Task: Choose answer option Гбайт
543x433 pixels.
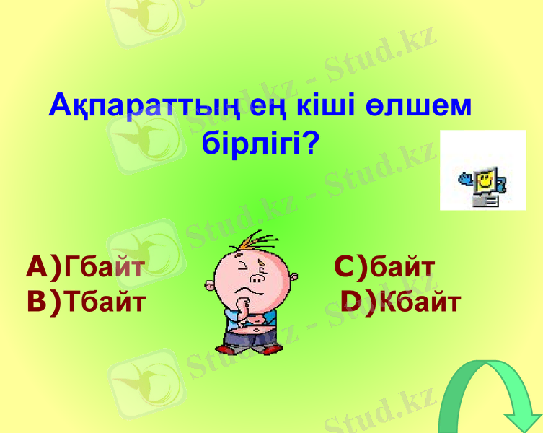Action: pos(104,268)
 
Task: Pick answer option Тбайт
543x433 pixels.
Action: pos(104,301)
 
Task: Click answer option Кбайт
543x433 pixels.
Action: pos(420,302)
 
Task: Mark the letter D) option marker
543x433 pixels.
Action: pos(358,302)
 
